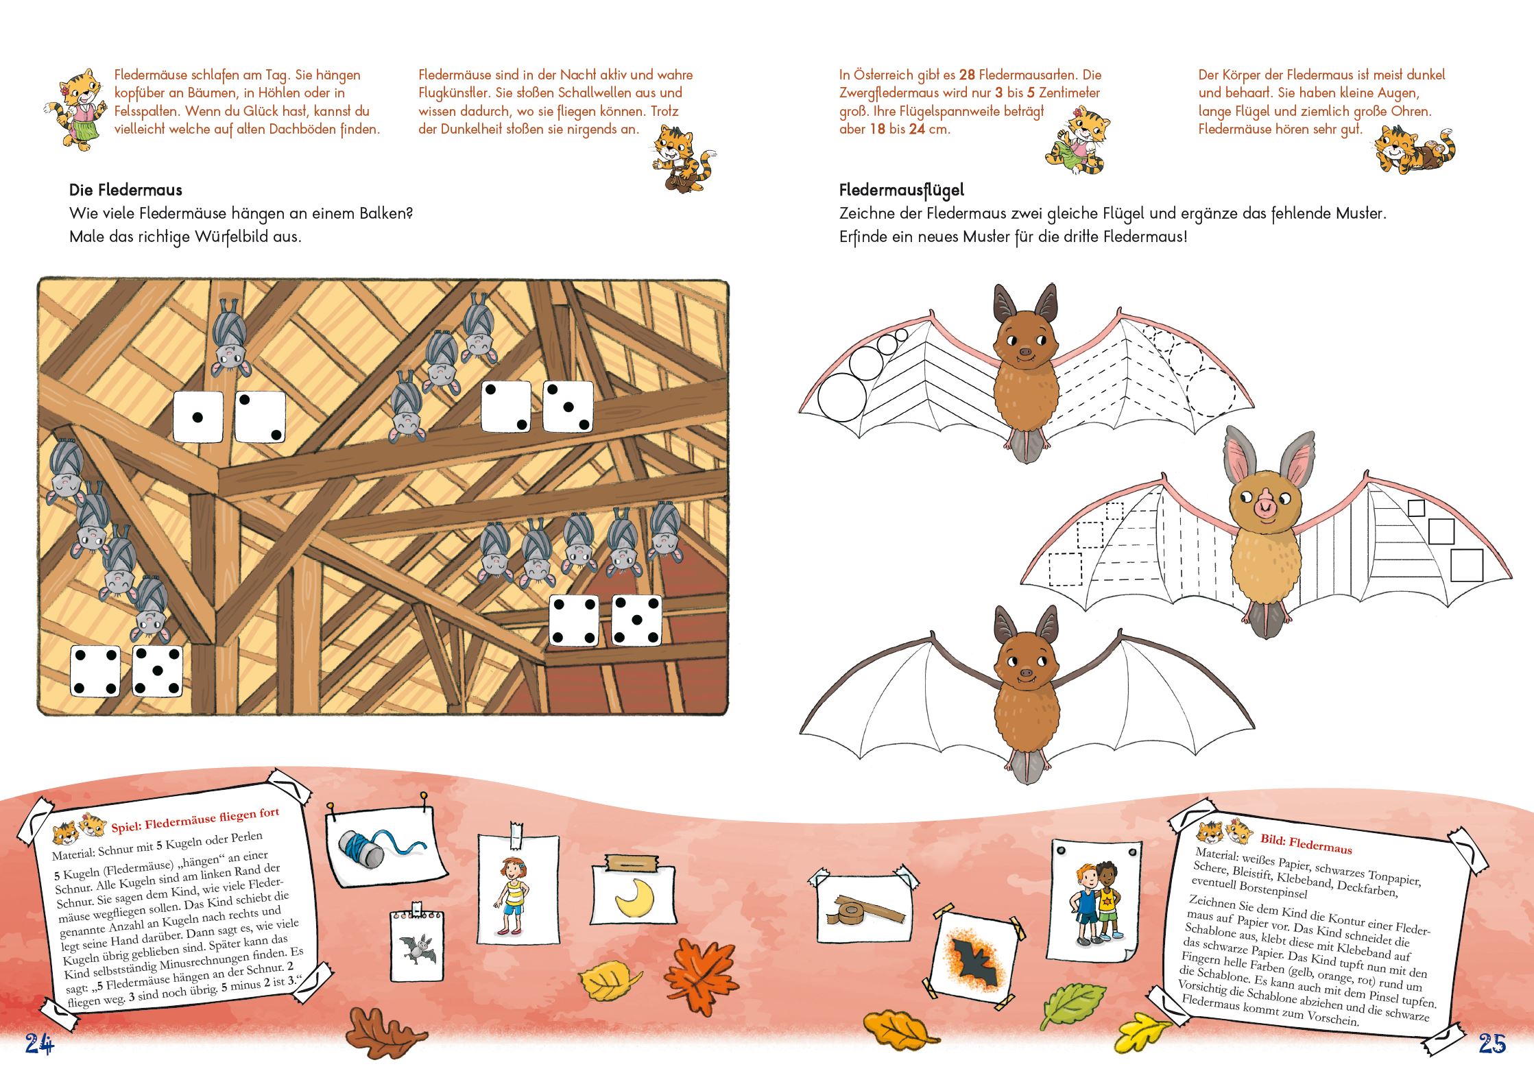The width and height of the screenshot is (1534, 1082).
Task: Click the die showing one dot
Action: coord(198,417)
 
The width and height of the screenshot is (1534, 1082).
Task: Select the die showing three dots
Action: coord(568,407)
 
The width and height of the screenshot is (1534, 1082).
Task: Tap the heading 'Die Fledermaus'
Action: coord(125,190)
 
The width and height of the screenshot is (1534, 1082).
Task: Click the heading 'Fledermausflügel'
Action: coord(901,191)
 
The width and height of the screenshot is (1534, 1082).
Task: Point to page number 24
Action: coord(39,1043)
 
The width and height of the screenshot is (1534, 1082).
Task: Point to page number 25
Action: coord(1492,1043)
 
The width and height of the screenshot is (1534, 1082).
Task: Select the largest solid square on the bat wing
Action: coord(1467,566)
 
